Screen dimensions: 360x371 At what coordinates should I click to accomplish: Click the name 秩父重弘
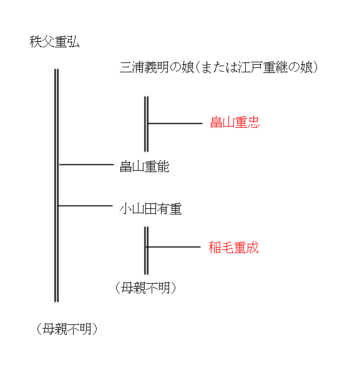pyautogui.click(x=54, y=42)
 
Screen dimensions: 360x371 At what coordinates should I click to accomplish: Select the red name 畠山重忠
pyautogui.click(x=235, y=122)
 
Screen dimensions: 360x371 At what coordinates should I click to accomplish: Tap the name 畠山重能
pyautogui.click(x=144, y=166)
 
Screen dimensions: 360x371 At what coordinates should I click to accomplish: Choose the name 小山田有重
pyautogui.click(x=150, y=209)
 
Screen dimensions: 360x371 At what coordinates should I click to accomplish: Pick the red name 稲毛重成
pyautogui.click(x=233, y=248)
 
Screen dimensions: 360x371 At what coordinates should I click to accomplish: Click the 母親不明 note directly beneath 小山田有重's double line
pyautogui.click(x=145, y=288)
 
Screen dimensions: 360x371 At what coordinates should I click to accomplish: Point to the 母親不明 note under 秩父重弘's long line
pyautogui.click(x=67, y=329)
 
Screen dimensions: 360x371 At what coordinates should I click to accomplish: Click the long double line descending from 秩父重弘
pyautogui.click(x=56, y=186)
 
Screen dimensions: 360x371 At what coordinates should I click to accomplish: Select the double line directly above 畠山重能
pyautogui.click(x=146, y=124)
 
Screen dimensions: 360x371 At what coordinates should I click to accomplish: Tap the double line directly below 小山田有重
pyautogui.click(x=146, y=251)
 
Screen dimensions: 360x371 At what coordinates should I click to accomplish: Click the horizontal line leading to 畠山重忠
pyautogui.click(x=175, y=123)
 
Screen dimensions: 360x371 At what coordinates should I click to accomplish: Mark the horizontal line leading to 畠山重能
pyautogui.click(x=86, y=165)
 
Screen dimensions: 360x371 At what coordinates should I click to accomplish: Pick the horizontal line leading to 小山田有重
pyautogui.click(x=85, y=206)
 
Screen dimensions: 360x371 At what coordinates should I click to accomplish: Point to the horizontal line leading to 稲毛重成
pyautogui.click(x=173, y=247)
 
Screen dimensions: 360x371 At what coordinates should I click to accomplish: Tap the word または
pyautogui.click(x=220, y=67)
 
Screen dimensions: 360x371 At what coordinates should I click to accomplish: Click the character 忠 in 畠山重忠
pyautogui.click(x=254, y=122)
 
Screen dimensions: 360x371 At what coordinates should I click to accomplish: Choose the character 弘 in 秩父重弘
pyautogui.click(x=74, y=42)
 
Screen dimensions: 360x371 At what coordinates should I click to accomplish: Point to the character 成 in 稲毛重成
pyautogui.click(x=253, y=248)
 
